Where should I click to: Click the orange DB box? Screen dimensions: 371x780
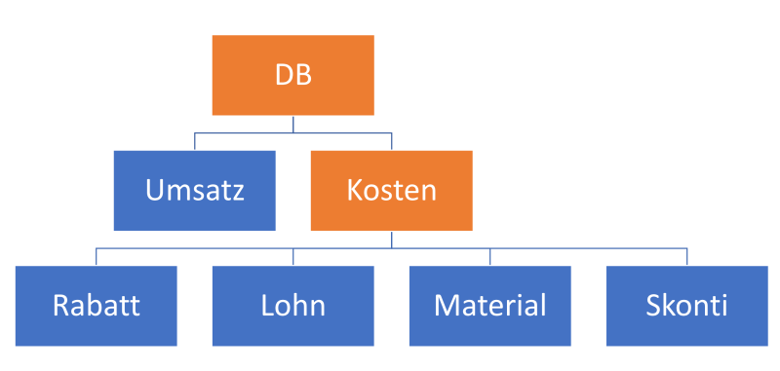(x=292, y=75)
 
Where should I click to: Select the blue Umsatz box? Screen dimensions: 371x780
(x=194, y=190)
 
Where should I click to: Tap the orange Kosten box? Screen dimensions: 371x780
(x=391, y=190)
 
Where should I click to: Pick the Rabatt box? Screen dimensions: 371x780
(x=96, y=306)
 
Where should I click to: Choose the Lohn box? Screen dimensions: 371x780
(x=292, y=306)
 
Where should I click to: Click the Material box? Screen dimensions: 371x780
(x=489, y=306)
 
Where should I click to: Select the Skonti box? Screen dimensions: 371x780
(x=686, y=306)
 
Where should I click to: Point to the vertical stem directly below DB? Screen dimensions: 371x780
(x=293, y=124)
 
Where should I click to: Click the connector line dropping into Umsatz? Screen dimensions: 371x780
(x=194, y=141)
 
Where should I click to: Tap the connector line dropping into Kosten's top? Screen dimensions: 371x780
(x=391, y=141)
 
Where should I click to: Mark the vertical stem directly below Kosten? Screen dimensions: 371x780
(x=391, y=240)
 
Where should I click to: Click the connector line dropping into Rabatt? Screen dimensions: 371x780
(x=96, y=257)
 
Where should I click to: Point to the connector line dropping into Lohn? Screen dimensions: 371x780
(x=293, y=257)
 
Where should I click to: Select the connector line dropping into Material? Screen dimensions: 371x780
(x=489, y=257)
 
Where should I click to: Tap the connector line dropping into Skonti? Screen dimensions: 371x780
(x=686, y=257)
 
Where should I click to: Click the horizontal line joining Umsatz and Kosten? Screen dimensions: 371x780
(x=244, y=132)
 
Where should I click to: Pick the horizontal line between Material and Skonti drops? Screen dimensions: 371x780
(x=588, y=248)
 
